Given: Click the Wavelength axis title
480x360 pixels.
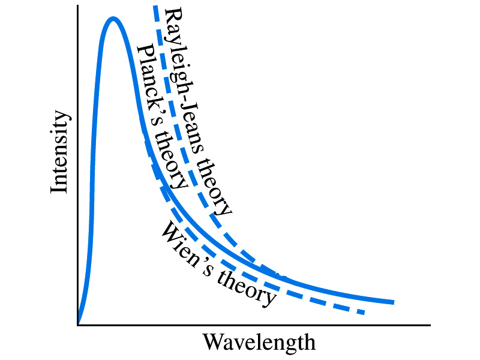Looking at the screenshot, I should pos(259,343).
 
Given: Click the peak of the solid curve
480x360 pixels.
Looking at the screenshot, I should pos(112,19).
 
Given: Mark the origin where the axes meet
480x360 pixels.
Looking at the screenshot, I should pos(78,325).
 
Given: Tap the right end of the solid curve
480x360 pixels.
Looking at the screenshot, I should pos(394,302).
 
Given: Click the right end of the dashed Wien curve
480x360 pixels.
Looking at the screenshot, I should pos(364,313).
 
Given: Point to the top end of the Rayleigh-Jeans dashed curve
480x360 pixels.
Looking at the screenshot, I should pos(155,6).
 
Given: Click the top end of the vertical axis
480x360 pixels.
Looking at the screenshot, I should pos(78,6).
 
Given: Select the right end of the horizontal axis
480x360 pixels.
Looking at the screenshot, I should pos(430,325).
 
